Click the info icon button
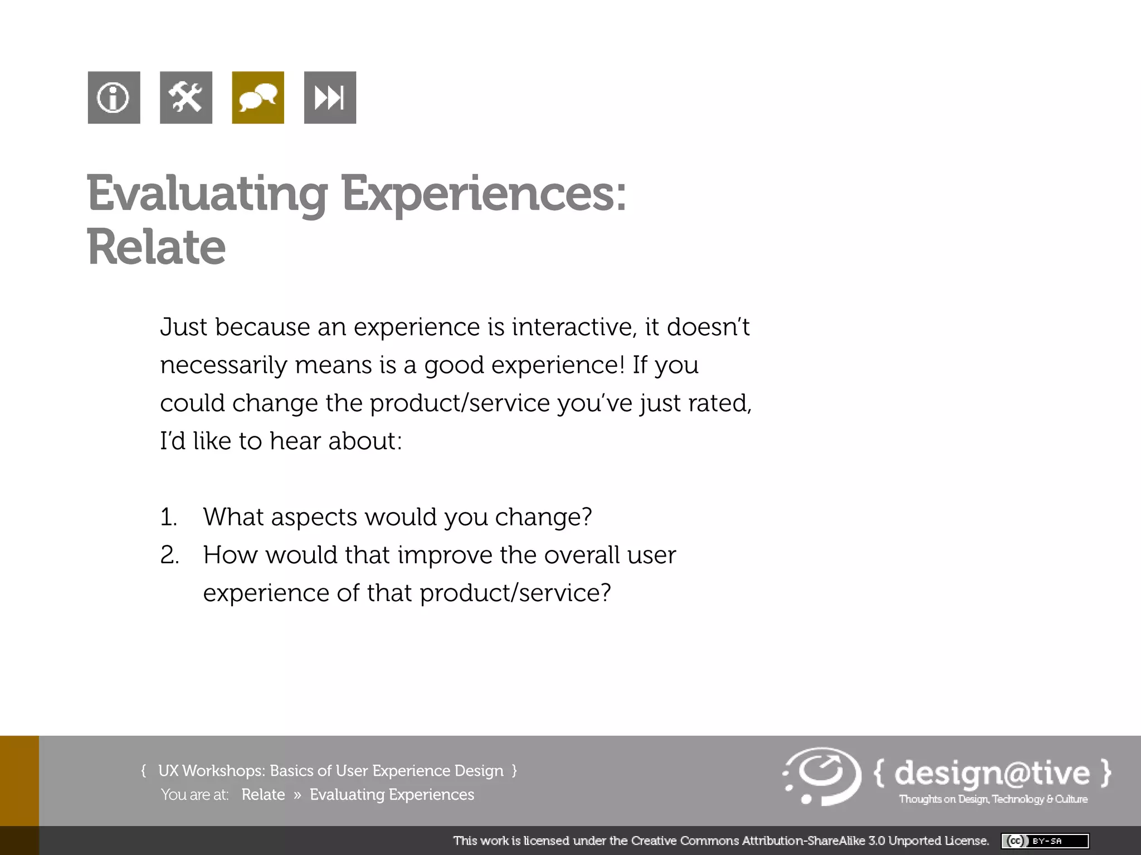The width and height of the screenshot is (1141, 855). click(x=114, y=97)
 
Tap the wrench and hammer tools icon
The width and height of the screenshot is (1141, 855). click(x=186, y=97)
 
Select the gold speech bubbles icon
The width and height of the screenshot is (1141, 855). click(x=257, y=97)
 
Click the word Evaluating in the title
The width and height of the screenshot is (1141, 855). click(x=207, y=194)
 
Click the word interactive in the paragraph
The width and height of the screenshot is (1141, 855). click(x=574, y=327)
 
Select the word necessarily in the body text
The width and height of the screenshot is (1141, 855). click(x=223, y=365)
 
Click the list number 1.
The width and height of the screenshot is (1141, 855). click(x=168, y=517)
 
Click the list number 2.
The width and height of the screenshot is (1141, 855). click(x=169, y=555)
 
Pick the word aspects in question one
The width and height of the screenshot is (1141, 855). click(x=313, y=517)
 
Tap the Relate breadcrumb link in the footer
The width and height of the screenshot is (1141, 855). click(x=263, y=794)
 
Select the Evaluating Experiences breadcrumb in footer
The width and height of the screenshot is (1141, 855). click(x=392, y=794)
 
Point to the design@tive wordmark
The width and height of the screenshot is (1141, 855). click(x=992, y=773)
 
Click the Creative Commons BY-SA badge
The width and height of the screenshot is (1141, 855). click(x=1045, y=841)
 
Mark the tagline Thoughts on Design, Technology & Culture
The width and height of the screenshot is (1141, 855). click(x=993, y=799)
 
